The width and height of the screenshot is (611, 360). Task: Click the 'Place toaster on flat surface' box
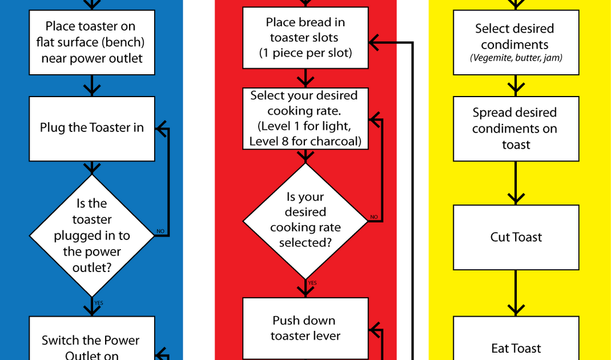pos(91,42)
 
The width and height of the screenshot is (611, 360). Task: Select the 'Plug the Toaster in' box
pos(91,128)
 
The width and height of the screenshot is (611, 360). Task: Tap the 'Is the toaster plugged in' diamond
pos(91,235)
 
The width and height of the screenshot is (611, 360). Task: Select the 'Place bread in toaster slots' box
pos(305,38)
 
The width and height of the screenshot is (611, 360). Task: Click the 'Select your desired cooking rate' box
pos(305,118)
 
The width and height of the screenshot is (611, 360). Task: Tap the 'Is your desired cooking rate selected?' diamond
pos(305,220)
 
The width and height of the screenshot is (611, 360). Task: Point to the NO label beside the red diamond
pos(374,217)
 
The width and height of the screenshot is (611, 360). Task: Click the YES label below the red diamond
pos(312,283)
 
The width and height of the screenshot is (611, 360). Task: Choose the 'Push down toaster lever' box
pos(305,328)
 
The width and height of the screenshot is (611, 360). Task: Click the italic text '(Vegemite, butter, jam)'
pos(516,58)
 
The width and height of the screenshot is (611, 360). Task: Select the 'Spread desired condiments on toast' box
pos(516,129)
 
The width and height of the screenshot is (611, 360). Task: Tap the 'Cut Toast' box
pos(516,237)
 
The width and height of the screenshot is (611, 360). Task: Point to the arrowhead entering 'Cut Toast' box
pos(516,198)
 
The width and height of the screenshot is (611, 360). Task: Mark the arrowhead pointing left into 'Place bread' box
pos(375,42)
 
